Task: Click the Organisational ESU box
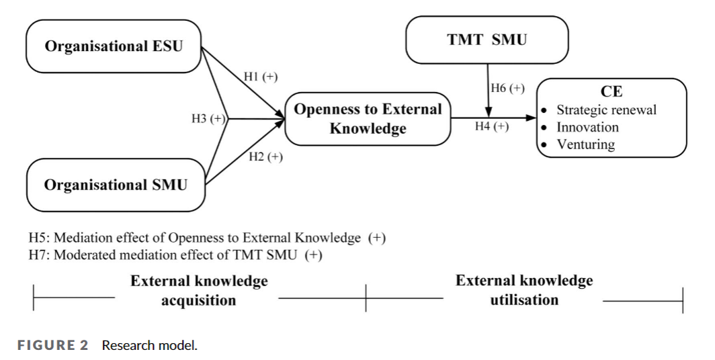pos(114,46)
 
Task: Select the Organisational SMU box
pos(116,185)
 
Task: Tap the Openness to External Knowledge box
pos(368,119)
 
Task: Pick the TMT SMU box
pos(487,40)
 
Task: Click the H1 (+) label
pos(260,77)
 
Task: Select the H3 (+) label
pos(209,119)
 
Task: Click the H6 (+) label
pos(508,89)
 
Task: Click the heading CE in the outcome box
pos(612,92)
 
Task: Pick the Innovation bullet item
pos(587,127)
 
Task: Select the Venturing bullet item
pos(585,144)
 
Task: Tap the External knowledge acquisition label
pos(199,290)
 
